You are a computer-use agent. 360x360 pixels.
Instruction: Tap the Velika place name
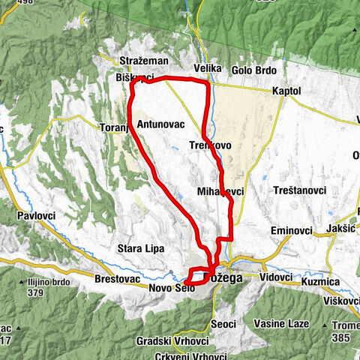tap(208, 68)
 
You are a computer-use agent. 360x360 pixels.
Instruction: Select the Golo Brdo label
tap(254, 70)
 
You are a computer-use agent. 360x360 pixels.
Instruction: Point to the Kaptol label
tap(287, 91)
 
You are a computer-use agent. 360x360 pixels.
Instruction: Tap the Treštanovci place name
tap(301, 190)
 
